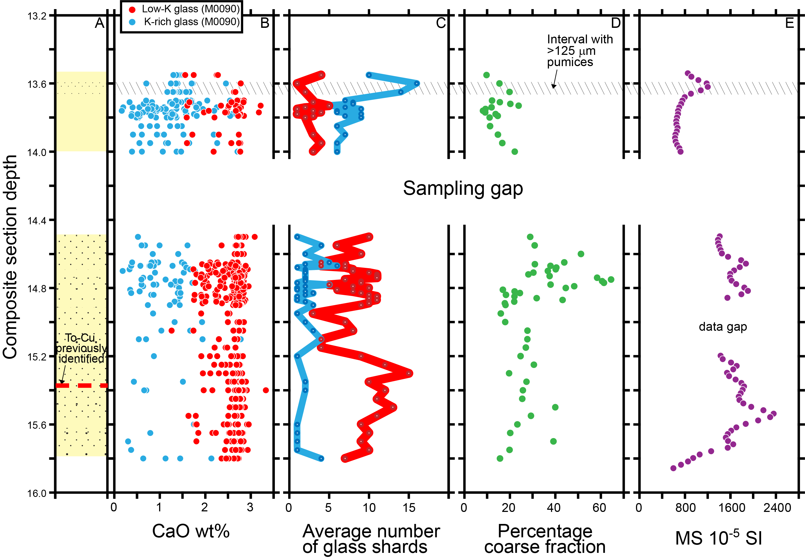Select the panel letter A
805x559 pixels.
pyautogui.click(x=100, y=23)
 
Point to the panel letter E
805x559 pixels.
pyautogui.click(x=789, y=23)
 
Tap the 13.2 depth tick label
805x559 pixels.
pyautogui.click(x=37, y=16)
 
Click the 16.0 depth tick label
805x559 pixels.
pyautogui.click(x=37, y=493)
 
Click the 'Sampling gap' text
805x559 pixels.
pyautogui.click(x=463, y=188)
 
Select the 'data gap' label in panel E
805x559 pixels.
pyautogui.click(x=722, y=327)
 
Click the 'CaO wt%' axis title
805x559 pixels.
pyautogui.click(x=191, y=531)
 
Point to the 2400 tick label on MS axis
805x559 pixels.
pyautogui.click(x=777, y=508)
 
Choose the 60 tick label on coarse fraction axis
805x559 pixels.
pyautogui.click(x=599, y=508)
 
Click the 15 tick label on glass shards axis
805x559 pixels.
pyautogui.click(x=409, y=508)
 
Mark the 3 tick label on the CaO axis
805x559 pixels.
pyautogui.click(x=250, y=508)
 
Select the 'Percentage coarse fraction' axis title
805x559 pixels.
pyautogui.click(x=545, y=539)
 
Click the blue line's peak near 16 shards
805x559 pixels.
pyautogui.click(x=417, y=83)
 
